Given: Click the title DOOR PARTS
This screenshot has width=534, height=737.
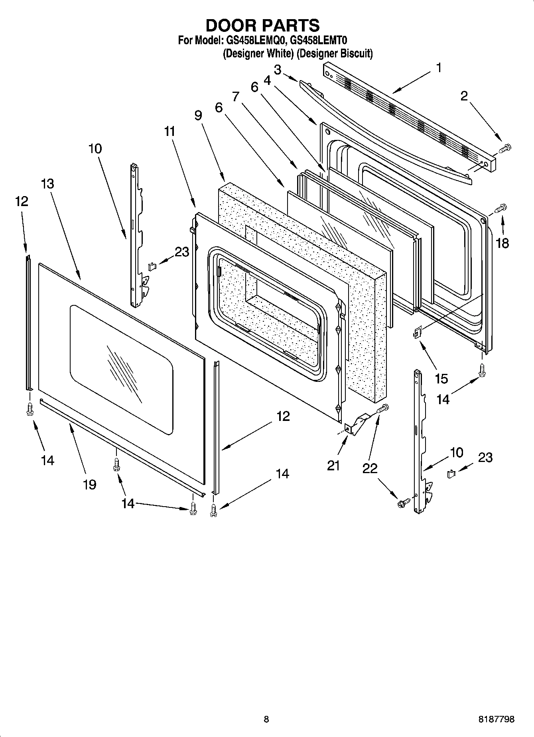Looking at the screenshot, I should [x=262, y=25].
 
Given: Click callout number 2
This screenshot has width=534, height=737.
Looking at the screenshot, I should [x=464, y=96].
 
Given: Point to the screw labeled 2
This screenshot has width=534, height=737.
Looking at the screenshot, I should [x=504, y=148].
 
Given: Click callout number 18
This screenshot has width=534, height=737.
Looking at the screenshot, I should [x=502, y=243].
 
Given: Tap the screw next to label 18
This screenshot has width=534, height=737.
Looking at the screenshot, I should [x=501, y=207].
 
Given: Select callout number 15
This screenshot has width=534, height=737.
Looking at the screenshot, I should [x=441, y=378].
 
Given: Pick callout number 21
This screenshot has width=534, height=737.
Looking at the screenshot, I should [x=333, y=465].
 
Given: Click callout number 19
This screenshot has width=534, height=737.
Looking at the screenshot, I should [x=90, y=484].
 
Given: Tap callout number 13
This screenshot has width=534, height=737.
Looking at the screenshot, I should [x=47, y=184].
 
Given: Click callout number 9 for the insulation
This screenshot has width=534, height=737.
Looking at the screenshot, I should [x=198, y=116].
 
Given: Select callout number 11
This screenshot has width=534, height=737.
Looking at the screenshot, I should [x=170, y=131].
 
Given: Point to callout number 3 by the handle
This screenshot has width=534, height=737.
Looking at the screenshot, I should [x=278, y=70].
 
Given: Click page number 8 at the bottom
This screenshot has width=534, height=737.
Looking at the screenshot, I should [x=266, y=719].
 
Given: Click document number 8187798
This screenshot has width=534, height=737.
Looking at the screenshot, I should [x=496, y=719].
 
